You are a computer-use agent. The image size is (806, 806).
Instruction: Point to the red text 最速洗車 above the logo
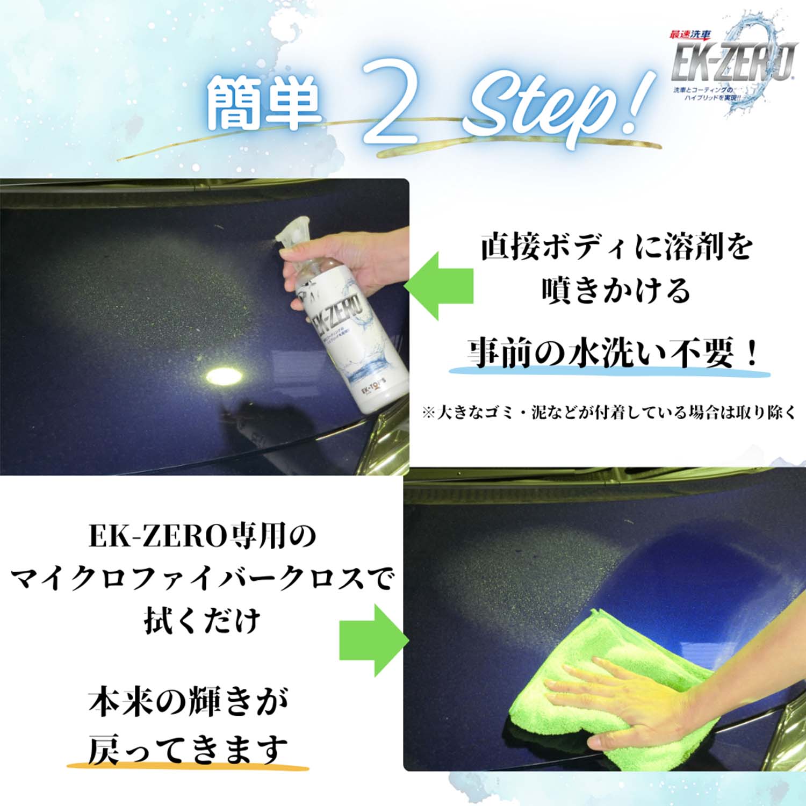point(690,35)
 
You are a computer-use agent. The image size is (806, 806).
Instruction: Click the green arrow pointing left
point(438,286)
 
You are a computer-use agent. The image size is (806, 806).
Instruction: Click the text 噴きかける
point(616,291)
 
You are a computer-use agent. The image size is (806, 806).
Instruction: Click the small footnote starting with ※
point(608,413)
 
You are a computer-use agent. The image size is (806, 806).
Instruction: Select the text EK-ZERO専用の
point(203,536)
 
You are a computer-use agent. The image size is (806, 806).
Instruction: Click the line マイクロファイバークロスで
point(203,579)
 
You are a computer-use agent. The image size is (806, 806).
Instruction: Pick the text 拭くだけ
point(203,621)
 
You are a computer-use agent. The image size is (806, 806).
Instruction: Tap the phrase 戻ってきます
point(188,750)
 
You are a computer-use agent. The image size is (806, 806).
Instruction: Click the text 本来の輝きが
point(188,703)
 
